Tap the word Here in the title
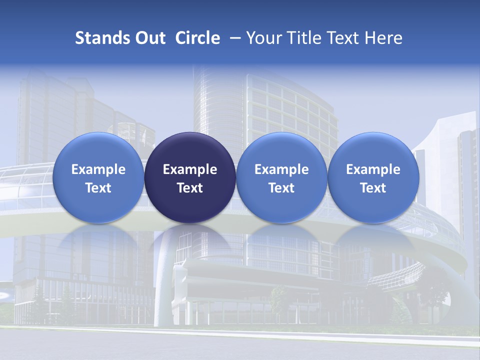(x=383, y=38)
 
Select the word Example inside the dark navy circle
(x=190, y=169)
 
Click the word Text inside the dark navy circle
(x=190, y=188)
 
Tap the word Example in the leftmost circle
(x=98, y=169)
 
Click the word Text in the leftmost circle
(x=98, y=188)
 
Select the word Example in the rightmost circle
(x=373, y=169)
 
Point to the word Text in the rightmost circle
(x=373, y=188)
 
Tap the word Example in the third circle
(x=281, y=169)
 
